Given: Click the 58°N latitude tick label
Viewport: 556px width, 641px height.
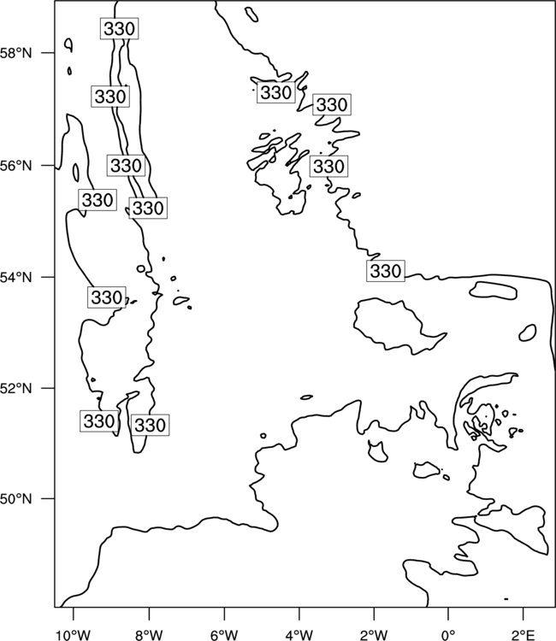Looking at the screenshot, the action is pyautogui.click(x=16, y=53).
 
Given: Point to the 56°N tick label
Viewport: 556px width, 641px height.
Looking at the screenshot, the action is pyautogui.click(x=16, y=166).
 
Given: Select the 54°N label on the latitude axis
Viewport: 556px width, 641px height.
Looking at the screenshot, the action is pyautogui.click(x=16, y=278).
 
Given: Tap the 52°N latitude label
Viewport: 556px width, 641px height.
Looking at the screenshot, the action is pyautogui.click(x=16, y=388).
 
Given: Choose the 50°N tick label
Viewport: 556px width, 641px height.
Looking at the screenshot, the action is pyautogui.click(x=16, y=499).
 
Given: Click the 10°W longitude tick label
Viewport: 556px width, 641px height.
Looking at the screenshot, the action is pyautogui.click(x=74, y=635).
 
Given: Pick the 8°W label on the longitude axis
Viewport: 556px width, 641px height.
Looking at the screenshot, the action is pyautogui.click(x=149, y=635).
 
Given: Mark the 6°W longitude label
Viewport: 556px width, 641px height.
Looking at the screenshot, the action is pyautogui.click(x=224, y=635).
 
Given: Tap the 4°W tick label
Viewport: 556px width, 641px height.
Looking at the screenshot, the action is pyautogui.click(x=299, y=635).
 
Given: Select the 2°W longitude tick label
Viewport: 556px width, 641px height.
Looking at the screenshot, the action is pyautogui.click(x=374, y=635).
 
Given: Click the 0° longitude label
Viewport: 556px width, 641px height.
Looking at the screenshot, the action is pyautogui.click(x=449, y=635).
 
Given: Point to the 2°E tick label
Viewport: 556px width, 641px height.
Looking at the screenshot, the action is pyautogui.click(x=523, y=635).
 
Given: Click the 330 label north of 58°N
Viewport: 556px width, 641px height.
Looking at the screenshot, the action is pyautogui.click(x=119, y=28).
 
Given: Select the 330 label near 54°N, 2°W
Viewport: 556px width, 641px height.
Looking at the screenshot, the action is pyautogui.click(x=386, y=271).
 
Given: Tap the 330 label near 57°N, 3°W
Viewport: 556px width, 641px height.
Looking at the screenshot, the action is pyautogui.click(x=332, y=104).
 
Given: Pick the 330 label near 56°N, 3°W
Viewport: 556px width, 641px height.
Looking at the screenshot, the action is pyautogui.click(x=328, y=167).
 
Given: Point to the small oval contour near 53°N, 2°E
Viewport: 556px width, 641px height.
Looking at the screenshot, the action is pyautogui.click(x=528, y=332).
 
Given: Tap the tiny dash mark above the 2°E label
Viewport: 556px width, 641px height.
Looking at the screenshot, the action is pyautogui.click(x=506, y=599).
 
